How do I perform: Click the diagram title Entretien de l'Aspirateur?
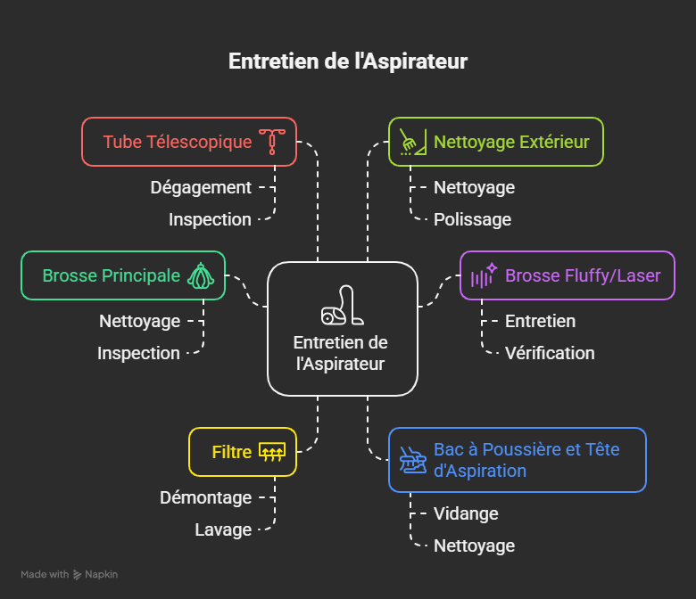point(348,62)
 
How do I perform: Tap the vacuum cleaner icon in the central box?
point(342,305)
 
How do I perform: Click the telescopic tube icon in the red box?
point(272,142)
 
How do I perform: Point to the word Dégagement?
point(201,187)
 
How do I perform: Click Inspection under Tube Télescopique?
point(210,219)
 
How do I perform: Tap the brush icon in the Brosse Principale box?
point(201,275)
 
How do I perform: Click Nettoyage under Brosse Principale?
point(139,321)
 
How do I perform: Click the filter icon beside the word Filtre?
point(271,452)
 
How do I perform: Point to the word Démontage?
point(206,497)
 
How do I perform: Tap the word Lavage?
point(223,529)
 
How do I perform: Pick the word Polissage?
point(472,219)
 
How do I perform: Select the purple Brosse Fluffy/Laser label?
point(583,275)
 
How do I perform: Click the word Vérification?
point(550,353)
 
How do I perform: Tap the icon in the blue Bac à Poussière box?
point(412,460)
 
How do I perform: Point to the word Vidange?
point(466,513)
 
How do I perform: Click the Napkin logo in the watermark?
point(79,575)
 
